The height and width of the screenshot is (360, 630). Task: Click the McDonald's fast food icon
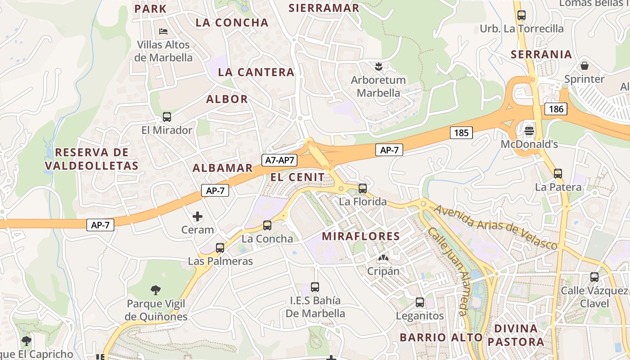[x=529, y=131]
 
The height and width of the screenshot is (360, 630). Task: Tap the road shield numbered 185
[x=461, y=132]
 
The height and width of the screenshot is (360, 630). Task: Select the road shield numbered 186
[x=556, y=108]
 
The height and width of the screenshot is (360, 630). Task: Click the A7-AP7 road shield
[x=279, y=160]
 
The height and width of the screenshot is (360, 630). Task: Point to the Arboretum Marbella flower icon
[x=378, y=67]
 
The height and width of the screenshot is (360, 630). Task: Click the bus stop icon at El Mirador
[x=167, y=117]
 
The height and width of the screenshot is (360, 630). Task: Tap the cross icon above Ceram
[x=198, y=216]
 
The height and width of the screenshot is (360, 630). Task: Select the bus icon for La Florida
[x=363, y=189]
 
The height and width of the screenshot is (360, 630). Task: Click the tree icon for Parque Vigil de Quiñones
[x=156, y=290]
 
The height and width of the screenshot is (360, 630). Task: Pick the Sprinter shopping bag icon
[x=585, y=66]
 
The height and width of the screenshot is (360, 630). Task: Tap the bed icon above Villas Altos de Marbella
[x=164, y=31]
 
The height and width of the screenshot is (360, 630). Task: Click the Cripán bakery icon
[x=383, y=258]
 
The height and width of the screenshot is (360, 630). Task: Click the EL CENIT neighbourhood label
[x=297, y=177]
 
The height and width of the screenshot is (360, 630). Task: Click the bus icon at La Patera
[x=558, y=173]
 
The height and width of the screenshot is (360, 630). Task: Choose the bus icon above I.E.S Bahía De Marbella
[x=315, y=287]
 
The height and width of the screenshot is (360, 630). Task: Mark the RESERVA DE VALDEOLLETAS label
[x=92, y=159]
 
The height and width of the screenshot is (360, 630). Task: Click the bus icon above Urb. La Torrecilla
[x=522, y=15]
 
